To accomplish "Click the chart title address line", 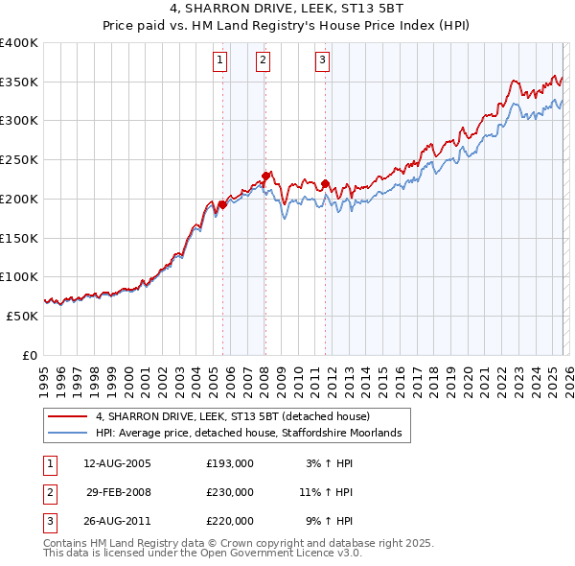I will coord(287,10).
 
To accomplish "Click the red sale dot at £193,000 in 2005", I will coord(222,203).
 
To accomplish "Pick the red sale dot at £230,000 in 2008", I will coord(265,175).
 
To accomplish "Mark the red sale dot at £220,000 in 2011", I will coord(325,183).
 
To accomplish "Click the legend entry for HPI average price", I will coord(253,434).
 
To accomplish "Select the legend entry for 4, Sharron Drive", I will coord(239,417).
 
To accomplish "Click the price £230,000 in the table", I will coord(230,492).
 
